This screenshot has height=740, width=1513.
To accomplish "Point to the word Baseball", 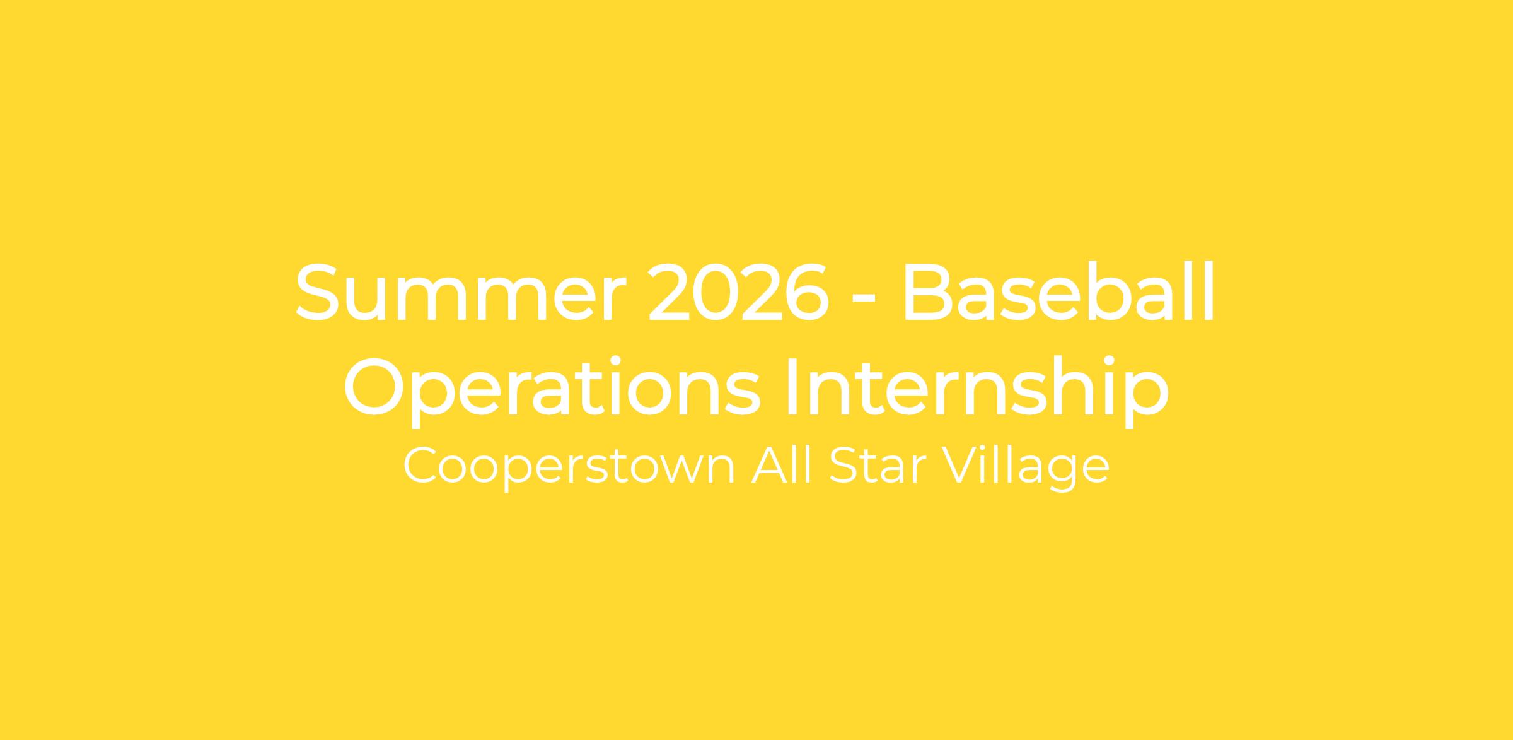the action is (x=1059, y=290).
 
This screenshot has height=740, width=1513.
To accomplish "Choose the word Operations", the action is (x=552, y=388).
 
